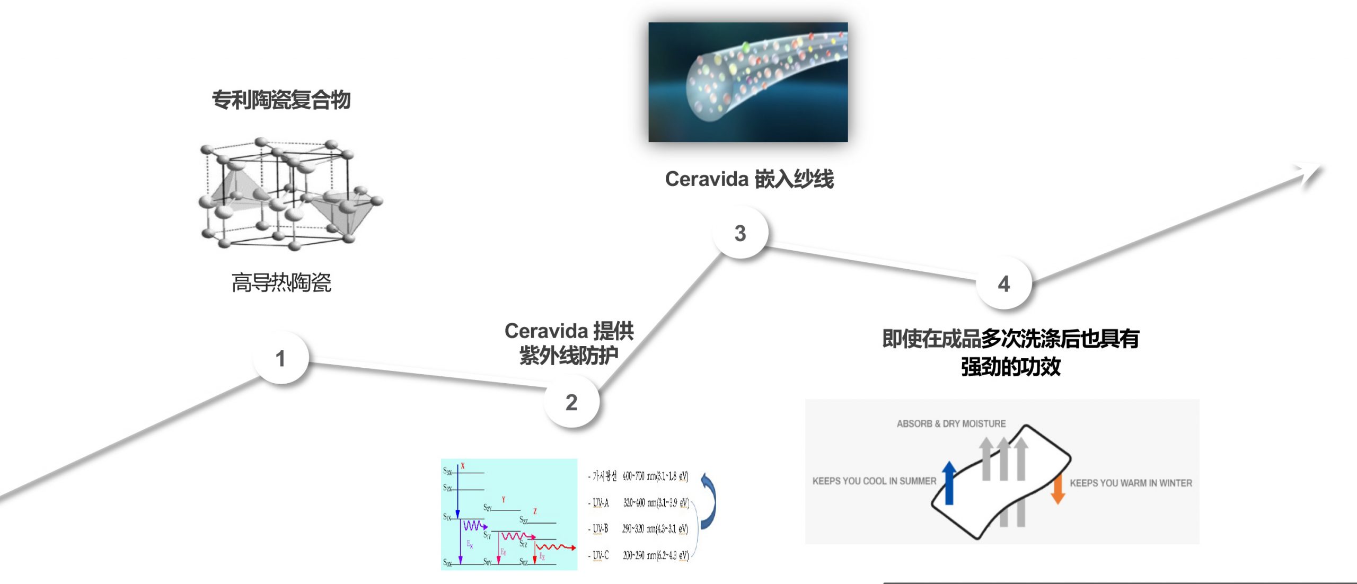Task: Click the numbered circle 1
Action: (280, 358)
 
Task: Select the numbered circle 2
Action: (571, 402)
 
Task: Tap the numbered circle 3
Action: (740, 233)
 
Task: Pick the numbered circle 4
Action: (1003, 284)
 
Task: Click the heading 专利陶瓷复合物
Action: (281, 100)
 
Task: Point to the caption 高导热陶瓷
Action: (281, 282)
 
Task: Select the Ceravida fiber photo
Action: (747, 82)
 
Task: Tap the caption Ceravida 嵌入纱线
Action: (749, 179)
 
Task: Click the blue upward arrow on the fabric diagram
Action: (949, 482)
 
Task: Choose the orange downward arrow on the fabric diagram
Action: (1058, 489)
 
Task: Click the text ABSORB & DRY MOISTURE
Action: (951, 423)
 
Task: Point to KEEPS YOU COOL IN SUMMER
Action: (874, 481)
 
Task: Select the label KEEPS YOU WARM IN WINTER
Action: (1131, 483)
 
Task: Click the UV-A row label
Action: (601, 502)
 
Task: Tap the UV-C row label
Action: (601, 555)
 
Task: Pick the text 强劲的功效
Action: (1010, 367)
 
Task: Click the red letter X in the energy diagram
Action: (463, 466)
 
